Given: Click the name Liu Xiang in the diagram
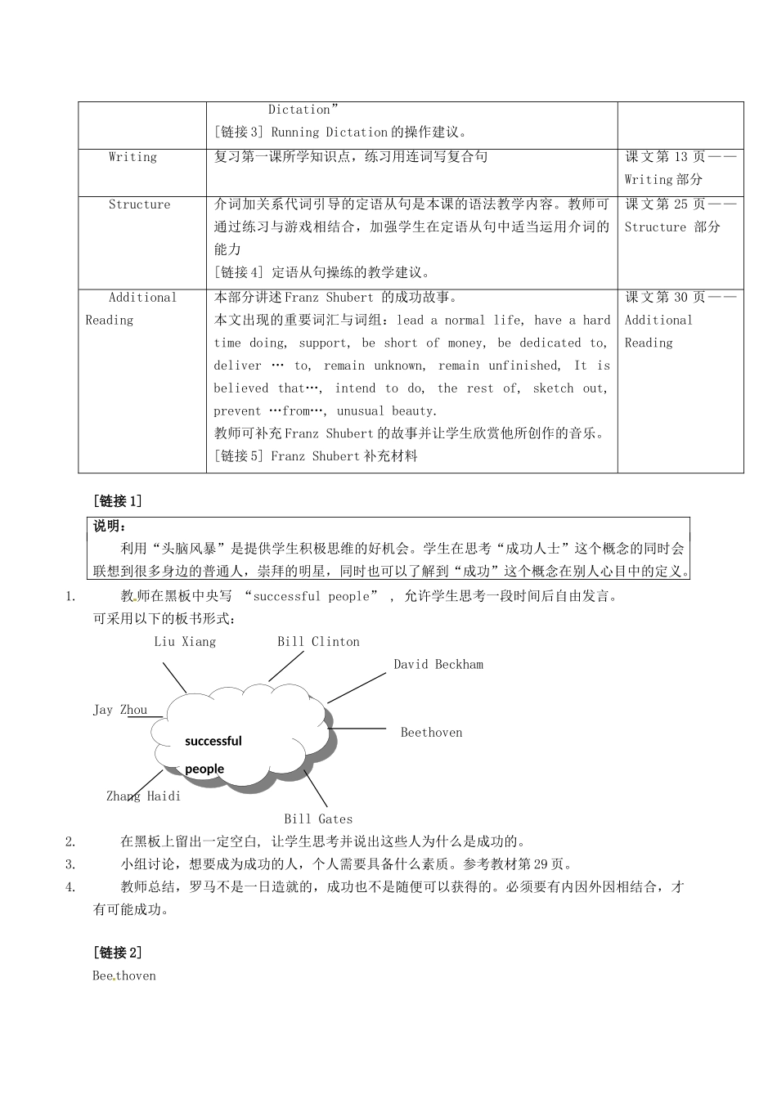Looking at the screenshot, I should click(x=185, y=642).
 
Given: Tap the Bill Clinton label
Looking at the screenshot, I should click(x=318, y=642).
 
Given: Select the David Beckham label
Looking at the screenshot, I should click(x=438, y=665).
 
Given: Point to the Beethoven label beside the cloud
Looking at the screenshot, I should click(x=431, y=733).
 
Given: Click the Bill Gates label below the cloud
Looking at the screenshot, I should click(x=318, y=819).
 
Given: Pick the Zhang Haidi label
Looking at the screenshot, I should click(x=143, y=796).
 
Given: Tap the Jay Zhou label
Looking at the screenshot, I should click(x=119, y=710).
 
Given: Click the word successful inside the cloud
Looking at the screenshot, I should click(x=213, y=742).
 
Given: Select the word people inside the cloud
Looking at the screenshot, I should click(x=204, y=769).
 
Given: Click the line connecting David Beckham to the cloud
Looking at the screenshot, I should click(x=357, y=688).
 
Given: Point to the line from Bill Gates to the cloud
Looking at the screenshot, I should click(x=317, y=789).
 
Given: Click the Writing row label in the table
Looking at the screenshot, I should click(x=132, y=157).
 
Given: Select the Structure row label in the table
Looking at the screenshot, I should click(x=139, y=204).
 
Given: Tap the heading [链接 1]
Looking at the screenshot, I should click(x=118, y=501).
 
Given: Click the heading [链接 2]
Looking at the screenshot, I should click(x=118, y=953).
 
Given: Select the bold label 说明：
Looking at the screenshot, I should click(x=110, y=526).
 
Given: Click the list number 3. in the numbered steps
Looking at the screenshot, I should click(x=70, y=864).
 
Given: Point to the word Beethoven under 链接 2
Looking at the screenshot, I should click(x=124, y=976).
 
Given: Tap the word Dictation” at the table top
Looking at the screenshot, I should click(x=303, y=110).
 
